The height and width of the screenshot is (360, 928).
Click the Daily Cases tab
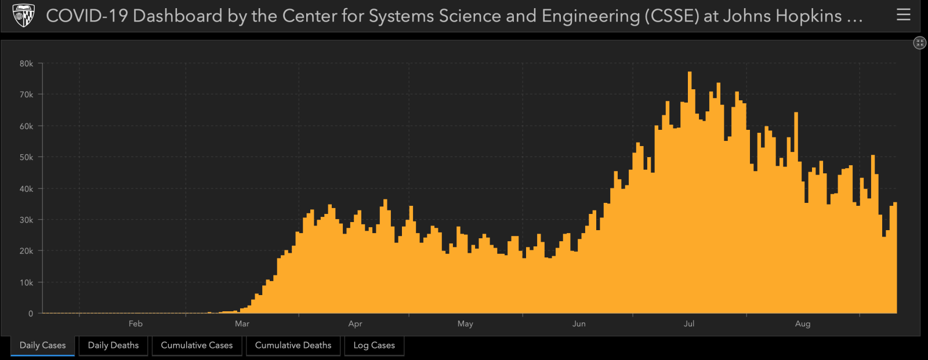pos(42,346)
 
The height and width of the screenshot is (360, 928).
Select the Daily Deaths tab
pos(113,346)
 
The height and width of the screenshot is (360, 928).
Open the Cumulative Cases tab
pos(197,346)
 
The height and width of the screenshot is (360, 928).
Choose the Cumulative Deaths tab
pos(293,346)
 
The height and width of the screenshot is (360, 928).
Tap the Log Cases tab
pos(374,346)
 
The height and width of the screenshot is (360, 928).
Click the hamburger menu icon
pos(903,15)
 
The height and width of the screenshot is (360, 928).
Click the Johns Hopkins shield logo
pos(24,16)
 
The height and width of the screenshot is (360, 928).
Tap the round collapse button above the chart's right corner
pos(919,42)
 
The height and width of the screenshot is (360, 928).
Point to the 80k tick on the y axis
pos(27,64)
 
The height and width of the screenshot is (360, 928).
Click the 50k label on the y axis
pos(27,157)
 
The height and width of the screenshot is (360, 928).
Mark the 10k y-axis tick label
pos(27,282)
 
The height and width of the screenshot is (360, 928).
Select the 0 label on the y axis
pos(31,314)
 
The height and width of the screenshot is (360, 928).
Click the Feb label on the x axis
pos(135,323)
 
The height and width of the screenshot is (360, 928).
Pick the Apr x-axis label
pos(355,323)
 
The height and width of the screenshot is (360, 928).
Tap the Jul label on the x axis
pos(688,323)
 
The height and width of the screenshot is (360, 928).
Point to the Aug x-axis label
pos(803,323)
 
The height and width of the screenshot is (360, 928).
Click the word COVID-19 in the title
pos(87,16)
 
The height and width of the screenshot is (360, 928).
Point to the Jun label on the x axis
pos(579,323)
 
